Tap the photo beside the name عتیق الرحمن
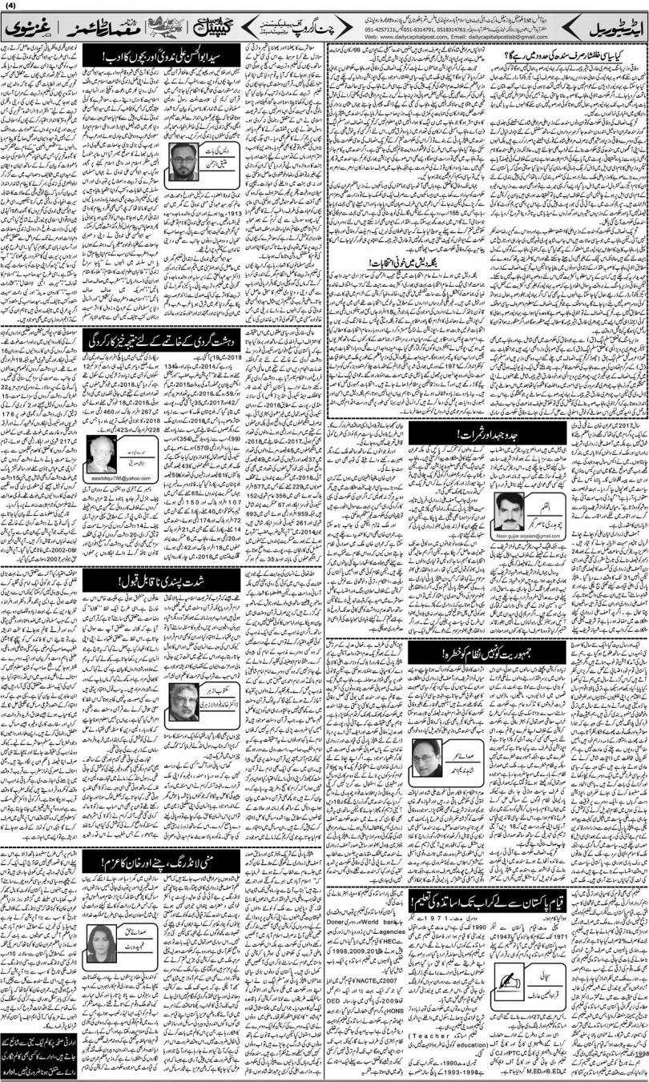pos(190,164)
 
